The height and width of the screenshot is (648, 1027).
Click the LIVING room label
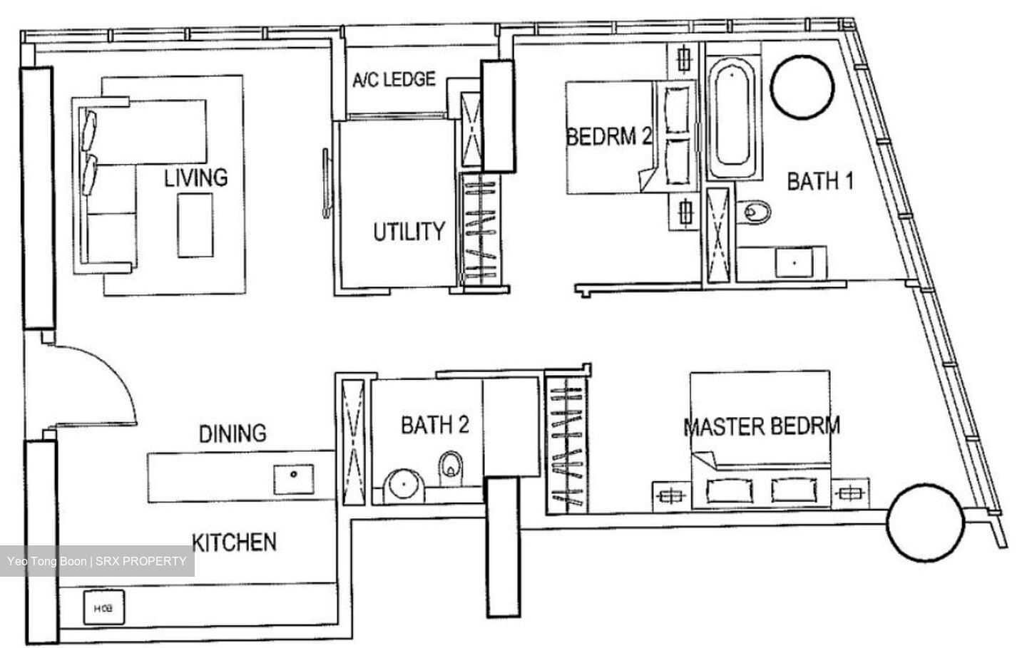pos(195,178)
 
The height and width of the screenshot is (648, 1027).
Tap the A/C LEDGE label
pos(394,79)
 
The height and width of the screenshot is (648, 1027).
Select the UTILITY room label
pos(409,232)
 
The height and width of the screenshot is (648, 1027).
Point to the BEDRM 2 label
pos(609,136)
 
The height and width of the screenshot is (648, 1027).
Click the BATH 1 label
pos(820,181)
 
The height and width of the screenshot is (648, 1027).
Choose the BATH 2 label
pos(435,425)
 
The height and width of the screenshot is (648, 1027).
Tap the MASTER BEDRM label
pos(762,426)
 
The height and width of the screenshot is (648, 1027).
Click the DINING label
pos(233,433)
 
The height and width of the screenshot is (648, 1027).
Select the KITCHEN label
pos(234,542)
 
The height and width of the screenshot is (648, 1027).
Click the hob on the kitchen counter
pos(103,607)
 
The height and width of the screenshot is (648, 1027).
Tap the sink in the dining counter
pos(294,479)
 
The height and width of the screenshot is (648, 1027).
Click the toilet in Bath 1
pos(753,212)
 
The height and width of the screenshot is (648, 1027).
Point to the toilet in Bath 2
pos(451,468)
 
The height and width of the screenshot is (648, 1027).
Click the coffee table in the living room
pos(195,225)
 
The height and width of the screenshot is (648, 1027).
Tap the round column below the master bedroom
pos(926,523)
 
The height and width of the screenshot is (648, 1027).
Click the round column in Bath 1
pos(802,88)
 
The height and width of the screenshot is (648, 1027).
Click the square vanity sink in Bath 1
pos(794,262)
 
